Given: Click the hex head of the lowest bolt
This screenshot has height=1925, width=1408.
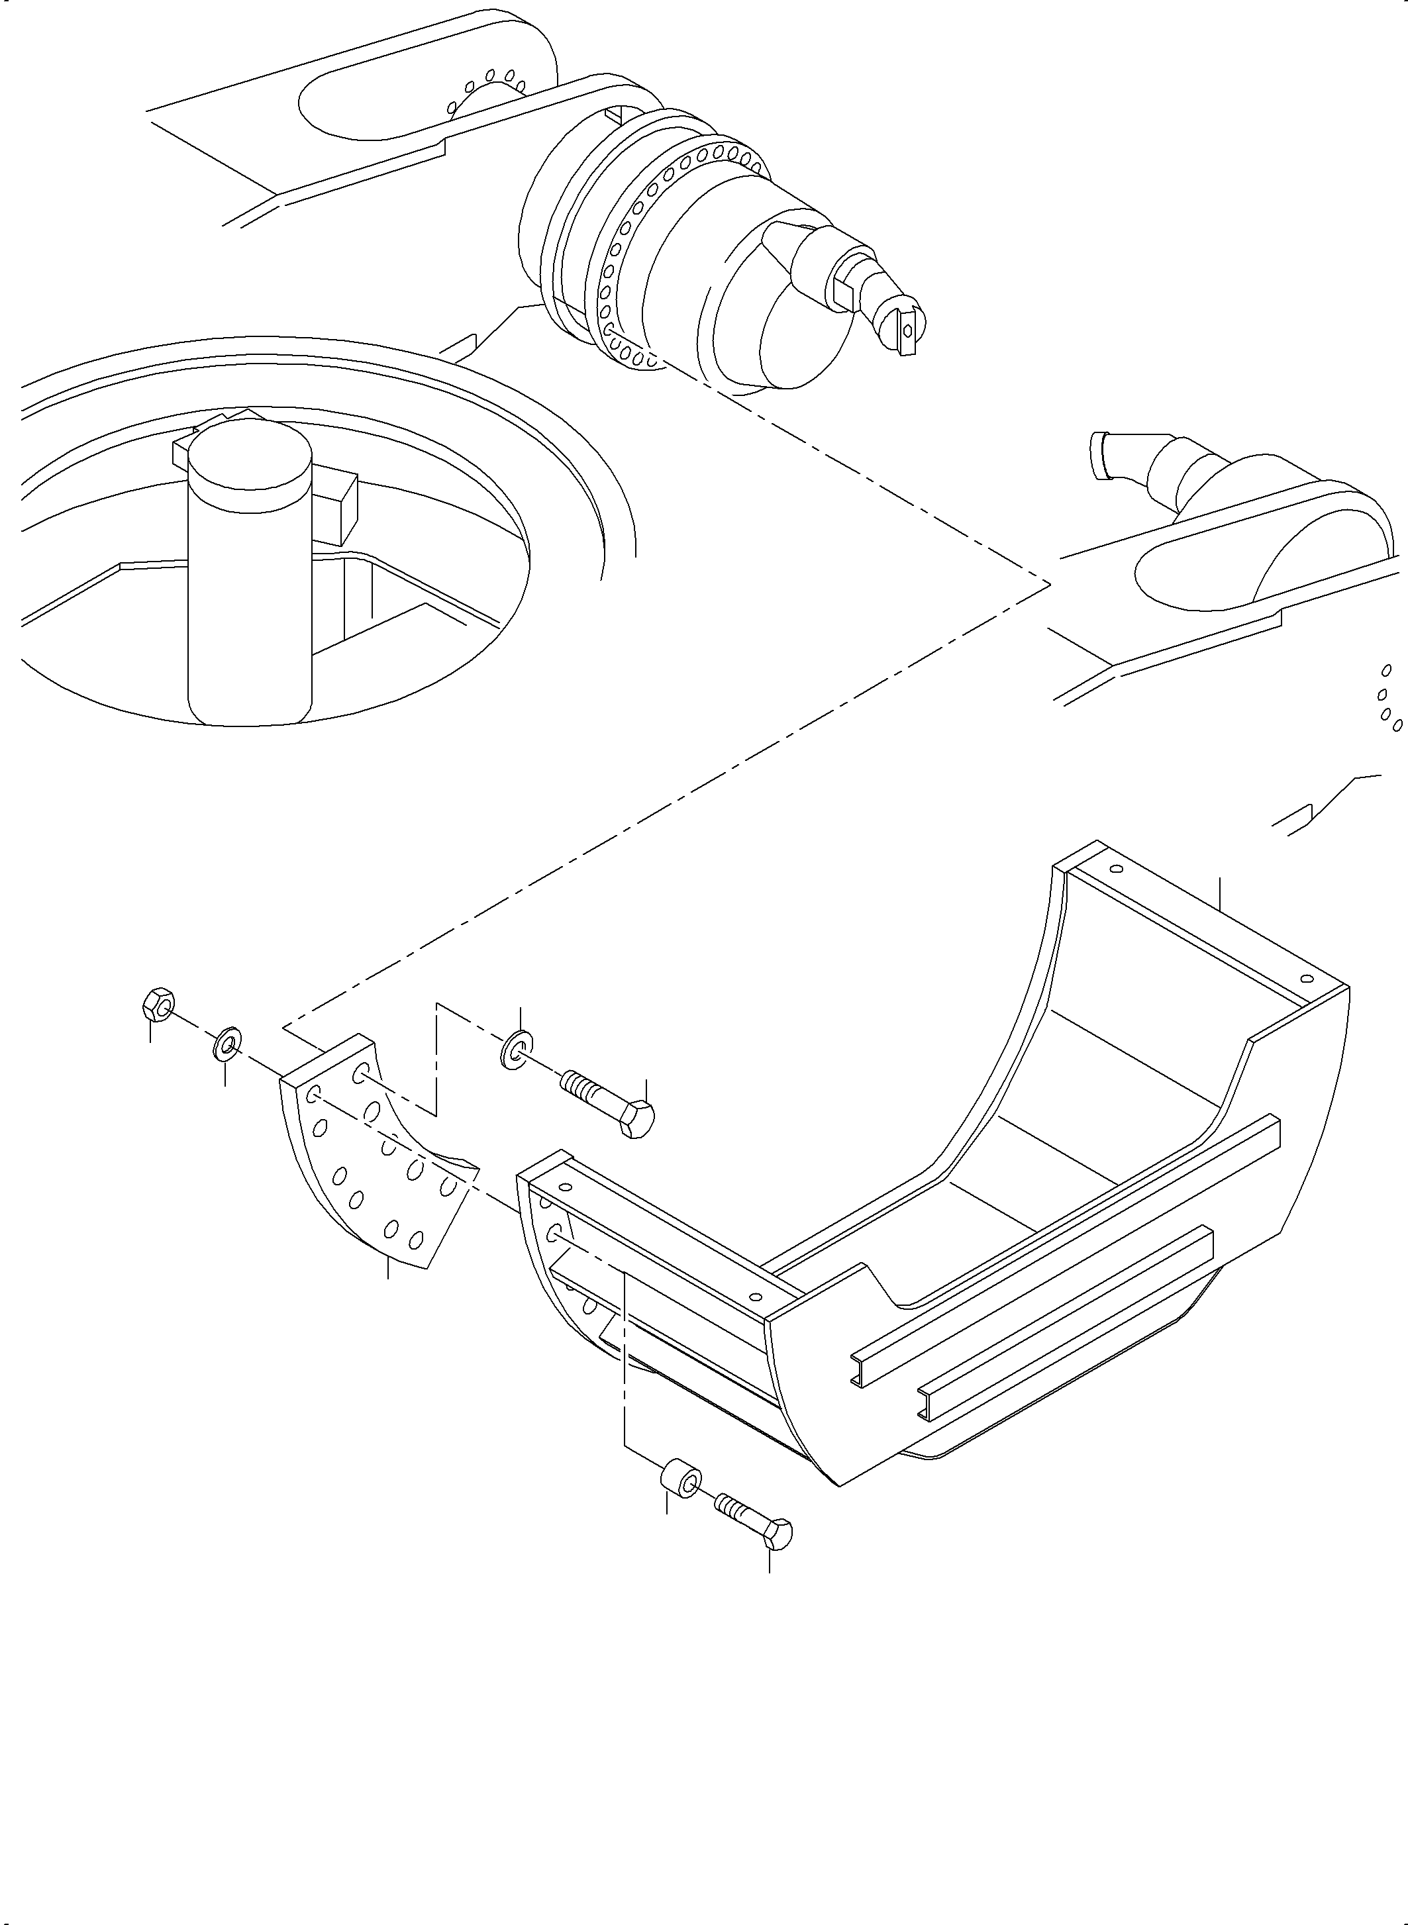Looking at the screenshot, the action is [778, 1534].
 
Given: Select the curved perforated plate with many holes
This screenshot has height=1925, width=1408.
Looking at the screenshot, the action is [375, 1176].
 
